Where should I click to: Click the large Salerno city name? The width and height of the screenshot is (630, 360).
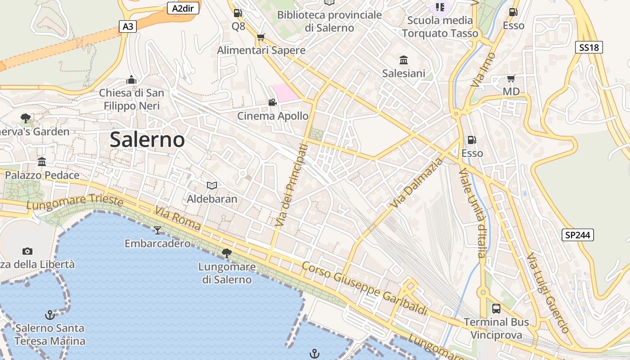click(147, 140)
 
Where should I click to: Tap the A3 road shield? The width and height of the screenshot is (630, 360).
click(128, 27)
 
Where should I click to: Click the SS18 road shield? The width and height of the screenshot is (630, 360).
click(589, 47)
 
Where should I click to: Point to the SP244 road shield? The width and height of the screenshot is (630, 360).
click(578, 235)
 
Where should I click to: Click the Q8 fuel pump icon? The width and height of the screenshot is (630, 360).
click(238, 13)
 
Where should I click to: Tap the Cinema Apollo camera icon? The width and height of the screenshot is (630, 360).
click(272, 103)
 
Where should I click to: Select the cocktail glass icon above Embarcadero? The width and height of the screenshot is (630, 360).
click(157, 230)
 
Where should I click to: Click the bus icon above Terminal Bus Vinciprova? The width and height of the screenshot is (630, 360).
click(496, 309)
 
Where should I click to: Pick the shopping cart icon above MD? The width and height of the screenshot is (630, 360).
click(511, 79)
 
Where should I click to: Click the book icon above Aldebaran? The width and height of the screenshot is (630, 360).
click(211, 185)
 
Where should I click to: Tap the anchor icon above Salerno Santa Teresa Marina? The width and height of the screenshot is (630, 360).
click(50, 315)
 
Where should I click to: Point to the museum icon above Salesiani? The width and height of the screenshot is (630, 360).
click(404, 60)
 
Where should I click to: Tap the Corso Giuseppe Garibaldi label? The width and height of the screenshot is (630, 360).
click(364, 289)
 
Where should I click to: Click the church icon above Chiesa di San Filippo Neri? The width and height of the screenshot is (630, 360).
click(131, 80)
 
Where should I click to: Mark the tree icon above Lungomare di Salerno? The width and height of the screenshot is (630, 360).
click(227, 253)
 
